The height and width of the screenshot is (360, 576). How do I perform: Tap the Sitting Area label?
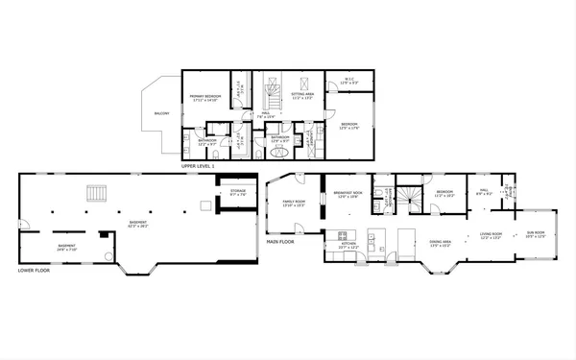click(x=303, y=97)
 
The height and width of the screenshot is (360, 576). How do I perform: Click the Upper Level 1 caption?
click(x=197, y=166)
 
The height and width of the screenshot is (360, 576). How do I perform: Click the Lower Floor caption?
click(x=33, y=271)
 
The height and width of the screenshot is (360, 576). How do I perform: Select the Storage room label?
click(x=238, y=191)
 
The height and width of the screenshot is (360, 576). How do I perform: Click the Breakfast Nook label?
click(x=348, y=193)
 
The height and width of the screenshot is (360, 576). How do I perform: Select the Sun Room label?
click(x=535, y=233)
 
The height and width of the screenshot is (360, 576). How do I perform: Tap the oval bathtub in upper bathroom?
click(x=279, y=150)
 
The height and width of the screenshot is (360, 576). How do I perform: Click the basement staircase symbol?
click(x=96, y=193)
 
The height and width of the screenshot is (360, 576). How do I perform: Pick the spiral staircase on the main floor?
click(x=411, y=199)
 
